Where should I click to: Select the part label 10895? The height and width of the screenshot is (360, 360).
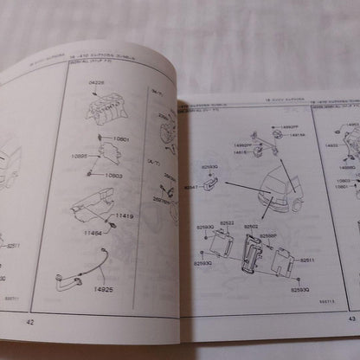click(80, 157)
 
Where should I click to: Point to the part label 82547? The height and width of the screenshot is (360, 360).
click(192, 186)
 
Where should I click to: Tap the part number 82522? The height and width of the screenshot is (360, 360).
click(228, 222)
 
